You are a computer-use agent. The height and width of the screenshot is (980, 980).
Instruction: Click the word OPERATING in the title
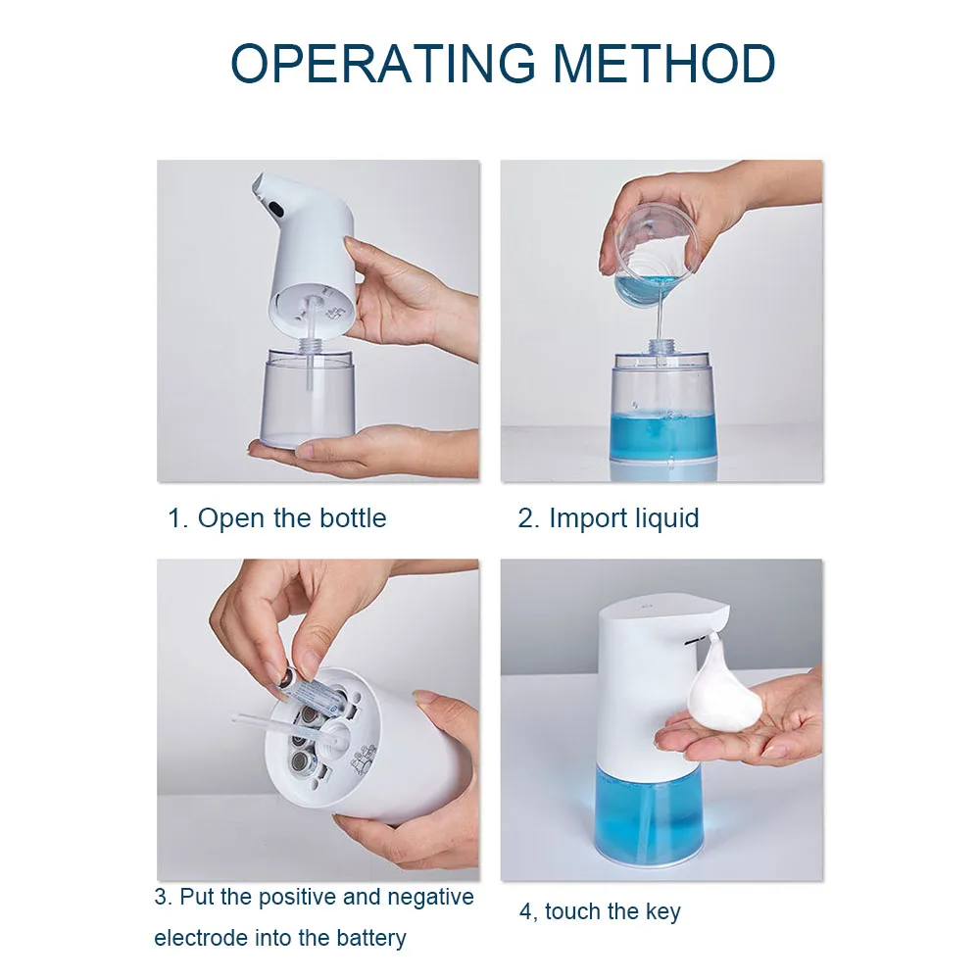[x=383, y=64]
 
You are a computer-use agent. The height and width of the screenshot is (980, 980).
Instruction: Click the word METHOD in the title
[x=665, y=64]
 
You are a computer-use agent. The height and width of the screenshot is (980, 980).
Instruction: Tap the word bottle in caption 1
[x=353, y=518]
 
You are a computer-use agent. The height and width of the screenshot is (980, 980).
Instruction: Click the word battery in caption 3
[x=371, y=938]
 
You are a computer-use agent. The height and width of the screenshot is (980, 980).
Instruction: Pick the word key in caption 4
[x=663, y=911]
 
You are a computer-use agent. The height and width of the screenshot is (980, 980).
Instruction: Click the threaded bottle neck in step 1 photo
[x=311, y=345]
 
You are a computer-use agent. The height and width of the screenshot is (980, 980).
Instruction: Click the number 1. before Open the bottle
[x=177, y=518]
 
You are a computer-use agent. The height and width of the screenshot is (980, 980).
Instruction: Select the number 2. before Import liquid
[x=529, y=518]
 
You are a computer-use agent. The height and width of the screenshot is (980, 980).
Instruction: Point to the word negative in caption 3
[x=430, y=897]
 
